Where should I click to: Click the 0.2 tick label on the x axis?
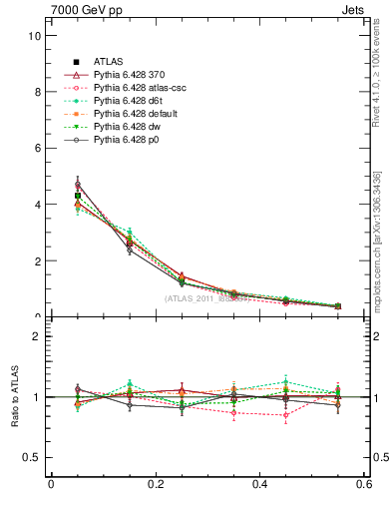tap(155, 485)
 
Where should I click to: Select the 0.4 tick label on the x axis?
tap(259, 485)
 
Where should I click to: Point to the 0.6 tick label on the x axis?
tap(364, 485)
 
